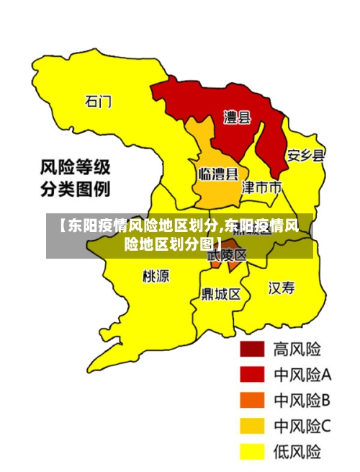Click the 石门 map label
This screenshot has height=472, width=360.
[x=99, y=101]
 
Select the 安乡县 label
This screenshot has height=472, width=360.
[x=305, y=155]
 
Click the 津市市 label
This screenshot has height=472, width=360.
[x=261, y=188]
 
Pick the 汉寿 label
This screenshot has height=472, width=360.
[x=282, y=288]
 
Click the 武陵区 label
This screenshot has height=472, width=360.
[x=227, y=255]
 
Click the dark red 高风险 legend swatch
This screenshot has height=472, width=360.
[x=252, y=349]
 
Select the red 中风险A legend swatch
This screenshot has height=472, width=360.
[x=252, y=375]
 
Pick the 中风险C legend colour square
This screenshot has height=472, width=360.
[x=252, y=426]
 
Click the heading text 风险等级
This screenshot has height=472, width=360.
[x=74, y=168]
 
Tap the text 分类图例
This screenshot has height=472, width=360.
[x=74, y=191]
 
